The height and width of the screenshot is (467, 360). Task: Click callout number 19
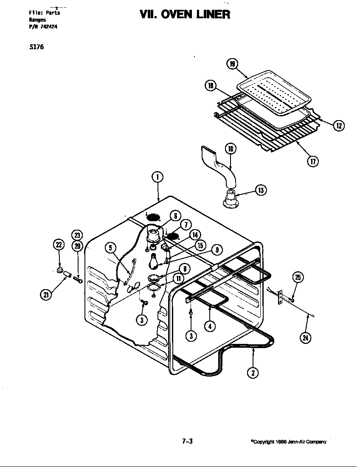232,64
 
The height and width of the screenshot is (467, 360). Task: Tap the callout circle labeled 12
338,125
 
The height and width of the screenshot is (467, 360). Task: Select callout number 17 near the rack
313,161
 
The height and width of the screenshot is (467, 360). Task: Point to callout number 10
231,149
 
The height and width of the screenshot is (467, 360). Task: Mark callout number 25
298,278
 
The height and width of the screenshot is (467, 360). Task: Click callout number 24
305,338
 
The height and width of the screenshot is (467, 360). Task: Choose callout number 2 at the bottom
253,373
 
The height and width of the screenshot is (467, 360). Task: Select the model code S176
36,47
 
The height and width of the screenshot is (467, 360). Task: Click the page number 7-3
187,441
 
